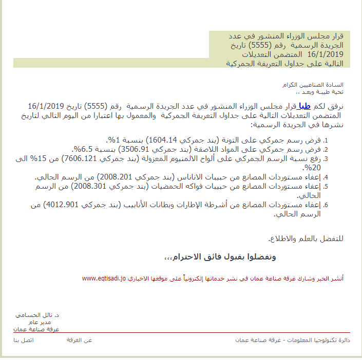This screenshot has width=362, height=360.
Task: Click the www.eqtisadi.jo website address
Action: coord(104,278)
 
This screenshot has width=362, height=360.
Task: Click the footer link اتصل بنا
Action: coord(24,341)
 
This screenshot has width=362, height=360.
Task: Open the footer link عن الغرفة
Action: coord(80,341)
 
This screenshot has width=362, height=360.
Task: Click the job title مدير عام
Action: coord(50,322)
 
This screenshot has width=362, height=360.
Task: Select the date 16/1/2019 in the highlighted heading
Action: coord(326,54)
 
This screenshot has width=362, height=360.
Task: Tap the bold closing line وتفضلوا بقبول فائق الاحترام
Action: coord(220,256)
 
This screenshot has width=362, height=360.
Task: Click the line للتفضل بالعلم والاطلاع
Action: coord(306,239)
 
